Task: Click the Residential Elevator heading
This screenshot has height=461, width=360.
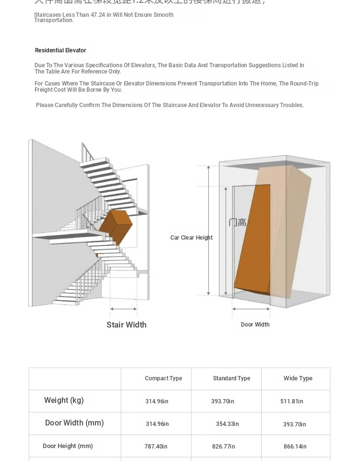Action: pos(60,50)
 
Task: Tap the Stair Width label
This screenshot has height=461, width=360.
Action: pos(126,325)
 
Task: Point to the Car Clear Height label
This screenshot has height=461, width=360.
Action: pos(191,238)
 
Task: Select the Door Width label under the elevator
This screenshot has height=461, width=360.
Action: pos(255,325)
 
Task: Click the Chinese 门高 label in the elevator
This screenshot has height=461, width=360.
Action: pos(237,222)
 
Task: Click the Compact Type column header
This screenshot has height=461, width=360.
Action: pos(163,378)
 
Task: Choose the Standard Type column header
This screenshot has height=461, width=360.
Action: pos(231,378)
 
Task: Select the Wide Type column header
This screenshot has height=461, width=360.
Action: pos(298,378)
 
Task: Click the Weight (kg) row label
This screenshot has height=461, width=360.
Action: pos(64,400)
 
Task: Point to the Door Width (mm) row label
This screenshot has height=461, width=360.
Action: pos(74,423)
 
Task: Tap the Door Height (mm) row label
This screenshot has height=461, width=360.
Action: pos(68,446)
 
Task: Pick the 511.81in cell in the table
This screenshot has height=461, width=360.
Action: pos(292,401)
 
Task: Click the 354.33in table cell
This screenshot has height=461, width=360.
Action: pos(227,424)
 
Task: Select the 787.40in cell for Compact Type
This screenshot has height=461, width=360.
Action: pos(156,447)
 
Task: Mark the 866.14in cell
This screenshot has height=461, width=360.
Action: pos(295,447)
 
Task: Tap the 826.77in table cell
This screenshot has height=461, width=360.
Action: pos(223,447)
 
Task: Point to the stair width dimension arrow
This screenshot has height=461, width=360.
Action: pos(123,309)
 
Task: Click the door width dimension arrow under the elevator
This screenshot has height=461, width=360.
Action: pos(251,309)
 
